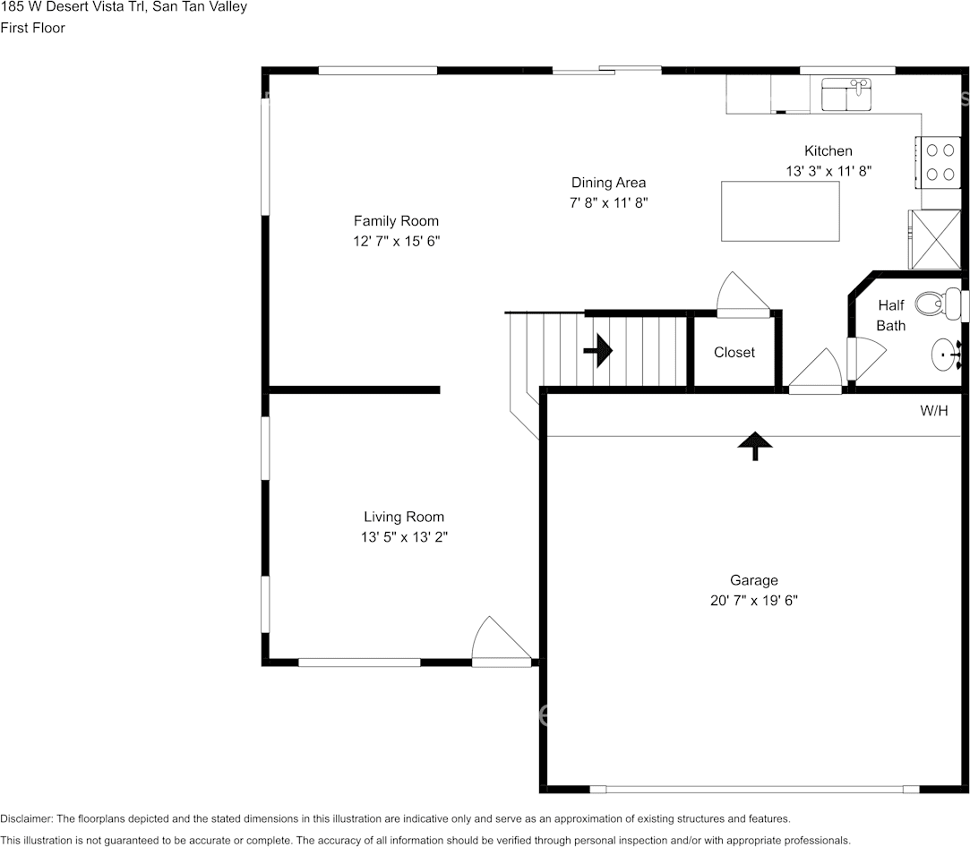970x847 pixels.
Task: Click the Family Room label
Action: click(x=396, y=221)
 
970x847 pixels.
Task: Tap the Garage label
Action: click(x=753, y=580)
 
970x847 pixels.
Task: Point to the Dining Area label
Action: click(x=608, y=183)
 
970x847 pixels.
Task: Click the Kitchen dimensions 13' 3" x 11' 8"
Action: click(x=828, y=170)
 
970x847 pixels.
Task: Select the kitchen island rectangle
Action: click(x=780, y=210)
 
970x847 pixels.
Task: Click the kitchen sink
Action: click(x=846, y=94)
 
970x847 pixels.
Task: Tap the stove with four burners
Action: click(x=938, y=162)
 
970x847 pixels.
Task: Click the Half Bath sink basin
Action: click(x=944, y=355)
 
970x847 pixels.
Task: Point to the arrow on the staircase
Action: click(x=597, y=351)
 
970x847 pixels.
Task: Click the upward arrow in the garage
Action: click(x=755, y=445)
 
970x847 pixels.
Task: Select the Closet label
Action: click(x=734, y=353)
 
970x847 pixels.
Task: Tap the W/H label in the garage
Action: click(x=933, y=411)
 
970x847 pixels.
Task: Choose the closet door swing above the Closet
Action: click(x=743, y=295)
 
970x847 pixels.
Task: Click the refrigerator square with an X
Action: click(x=935, y=238)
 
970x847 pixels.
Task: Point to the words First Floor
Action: click(x=32, y=28)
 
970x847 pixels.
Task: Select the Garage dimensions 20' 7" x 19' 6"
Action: click(x=753, y=601)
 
